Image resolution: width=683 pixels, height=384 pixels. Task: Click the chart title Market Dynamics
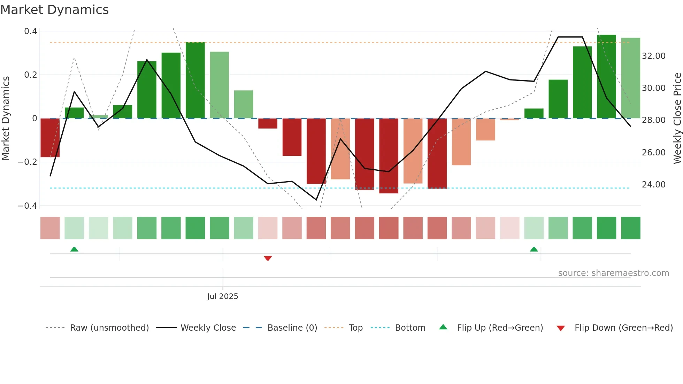54,10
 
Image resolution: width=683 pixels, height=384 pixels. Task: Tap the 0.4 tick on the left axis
31,31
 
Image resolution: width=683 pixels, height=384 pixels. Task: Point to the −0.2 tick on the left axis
27,162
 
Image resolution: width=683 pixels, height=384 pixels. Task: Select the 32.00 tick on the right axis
653,56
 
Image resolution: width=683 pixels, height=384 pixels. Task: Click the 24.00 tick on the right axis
653,185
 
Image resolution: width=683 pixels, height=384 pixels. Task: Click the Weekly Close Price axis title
677,118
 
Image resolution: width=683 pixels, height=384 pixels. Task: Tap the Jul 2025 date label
222,297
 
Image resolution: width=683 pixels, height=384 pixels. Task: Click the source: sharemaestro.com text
613,273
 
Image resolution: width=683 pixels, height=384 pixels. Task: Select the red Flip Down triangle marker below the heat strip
268,258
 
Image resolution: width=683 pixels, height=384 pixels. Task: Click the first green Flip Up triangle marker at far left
74,249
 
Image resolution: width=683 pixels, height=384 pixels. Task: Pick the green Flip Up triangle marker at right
534,249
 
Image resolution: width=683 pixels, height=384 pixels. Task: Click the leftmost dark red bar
50,138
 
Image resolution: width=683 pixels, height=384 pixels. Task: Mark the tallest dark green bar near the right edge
606,77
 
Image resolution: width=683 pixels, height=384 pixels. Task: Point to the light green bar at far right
630,78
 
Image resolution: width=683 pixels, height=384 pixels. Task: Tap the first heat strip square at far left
50,228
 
